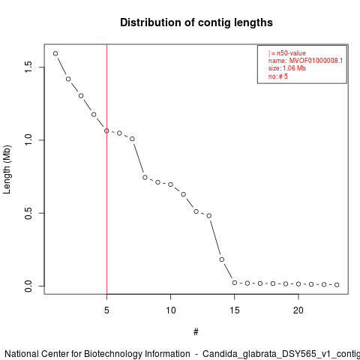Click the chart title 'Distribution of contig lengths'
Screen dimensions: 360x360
(x=196, y=22)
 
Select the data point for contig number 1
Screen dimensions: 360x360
(x=55, y=53)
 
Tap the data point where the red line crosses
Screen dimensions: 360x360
(x=106, y=130)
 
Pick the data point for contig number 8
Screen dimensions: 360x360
(x=145, y=177)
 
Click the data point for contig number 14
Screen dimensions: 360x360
(x=222, y=259)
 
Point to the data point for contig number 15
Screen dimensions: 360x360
(x=235, y=283)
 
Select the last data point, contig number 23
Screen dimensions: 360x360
(x=337, y=285)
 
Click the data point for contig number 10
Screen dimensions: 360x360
(x=170, y=184)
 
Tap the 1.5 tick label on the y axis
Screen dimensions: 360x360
(x=28, y=67)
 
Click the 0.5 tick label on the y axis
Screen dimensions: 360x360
(x=28, y=213)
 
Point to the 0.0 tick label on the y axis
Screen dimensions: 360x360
(x=28, y=286)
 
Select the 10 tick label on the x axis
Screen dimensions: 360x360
(x=171, y=310)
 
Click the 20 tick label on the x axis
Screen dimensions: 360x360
(x=298, y=310)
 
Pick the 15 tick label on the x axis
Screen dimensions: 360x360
(x=235, y=310)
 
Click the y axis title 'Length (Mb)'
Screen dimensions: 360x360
(x=7, y=169)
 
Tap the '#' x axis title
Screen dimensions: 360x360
(x=196, y=332)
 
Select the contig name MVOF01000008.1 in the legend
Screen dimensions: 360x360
(x=316, y=61)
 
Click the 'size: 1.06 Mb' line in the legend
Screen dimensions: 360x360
(x=287, y=68)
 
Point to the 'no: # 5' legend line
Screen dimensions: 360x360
(x=278, y=76)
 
